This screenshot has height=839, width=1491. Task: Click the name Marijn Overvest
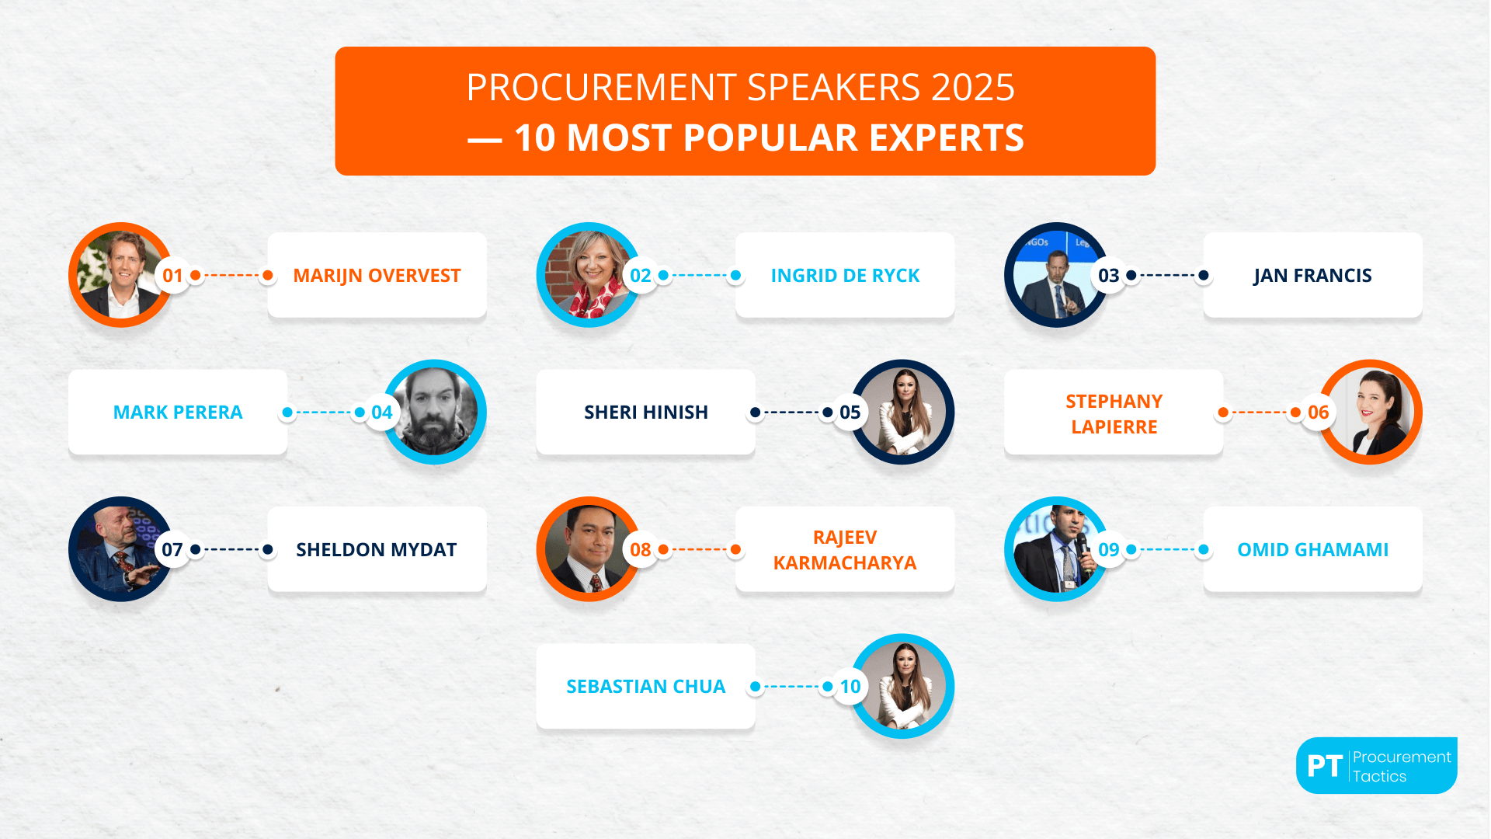click(x=377, y=276)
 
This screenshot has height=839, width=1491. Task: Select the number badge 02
click(x=641, y=276)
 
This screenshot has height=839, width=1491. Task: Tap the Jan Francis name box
click(x=1312, y=276)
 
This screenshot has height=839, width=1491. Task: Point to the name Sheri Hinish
click(x=645, y=413)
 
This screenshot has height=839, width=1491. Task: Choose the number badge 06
click(x=1318, y=413)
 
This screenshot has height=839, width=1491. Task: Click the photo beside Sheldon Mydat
click(x=118, y=549)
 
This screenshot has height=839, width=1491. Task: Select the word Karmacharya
click(x=845, y=563)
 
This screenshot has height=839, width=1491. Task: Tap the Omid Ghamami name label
click(x=1312, y=550)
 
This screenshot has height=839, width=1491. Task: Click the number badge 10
click(x=850, y=687)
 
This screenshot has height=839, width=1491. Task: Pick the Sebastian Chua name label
click(x=645, y=687)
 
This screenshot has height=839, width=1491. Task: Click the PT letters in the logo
click(x=1325, y=766)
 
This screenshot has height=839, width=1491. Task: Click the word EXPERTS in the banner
click(x=947, y=138)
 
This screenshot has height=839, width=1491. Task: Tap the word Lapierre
click(x=1114, y=427)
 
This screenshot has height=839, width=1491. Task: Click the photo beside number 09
click(x=1055, y=549)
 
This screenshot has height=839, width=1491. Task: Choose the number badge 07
click(x=172, y=550)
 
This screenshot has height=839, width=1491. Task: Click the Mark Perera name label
click(x=178, y=413)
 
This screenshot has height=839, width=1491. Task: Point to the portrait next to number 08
click(x=587, y=549)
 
